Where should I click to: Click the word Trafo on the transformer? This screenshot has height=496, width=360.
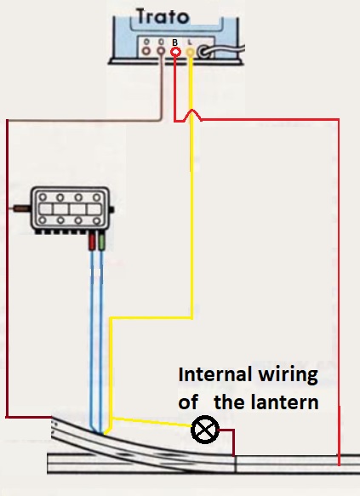(163, 16)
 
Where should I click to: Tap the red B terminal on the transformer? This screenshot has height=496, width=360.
(175, 52)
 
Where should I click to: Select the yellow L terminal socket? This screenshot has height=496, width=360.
(190, 52)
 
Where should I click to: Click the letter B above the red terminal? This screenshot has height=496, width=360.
(175, 43)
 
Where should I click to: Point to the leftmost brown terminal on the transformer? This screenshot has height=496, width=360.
(146, 50)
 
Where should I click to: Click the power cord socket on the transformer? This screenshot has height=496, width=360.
(204, 52)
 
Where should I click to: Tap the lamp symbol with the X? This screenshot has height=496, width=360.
(205, 430)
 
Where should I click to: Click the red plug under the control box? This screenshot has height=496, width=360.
(92, 242)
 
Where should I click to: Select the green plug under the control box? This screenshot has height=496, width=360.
(101, 242)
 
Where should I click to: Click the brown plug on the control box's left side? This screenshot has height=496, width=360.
(21, 208)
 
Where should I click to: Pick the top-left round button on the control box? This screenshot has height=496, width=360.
(43, 197)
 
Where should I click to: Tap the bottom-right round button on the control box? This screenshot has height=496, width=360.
(96, 220)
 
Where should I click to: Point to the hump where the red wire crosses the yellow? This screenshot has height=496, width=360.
(191, 114)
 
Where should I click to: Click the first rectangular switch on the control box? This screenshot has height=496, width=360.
(46, 209)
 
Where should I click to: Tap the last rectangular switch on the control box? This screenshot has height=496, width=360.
(94, 209)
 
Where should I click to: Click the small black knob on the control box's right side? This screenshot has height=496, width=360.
(111, 210)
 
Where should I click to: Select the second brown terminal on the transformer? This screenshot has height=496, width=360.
(161, 50)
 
